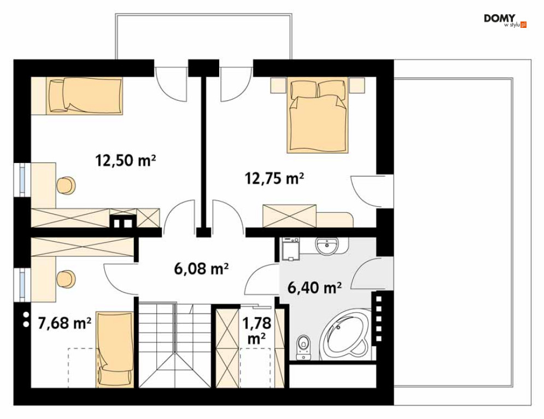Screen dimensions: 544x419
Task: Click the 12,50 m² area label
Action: point(125,161)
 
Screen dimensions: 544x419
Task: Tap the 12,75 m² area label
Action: point(274,178)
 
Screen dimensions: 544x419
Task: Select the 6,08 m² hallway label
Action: point(201,269)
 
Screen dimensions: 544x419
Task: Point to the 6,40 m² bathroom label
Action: point(314,287)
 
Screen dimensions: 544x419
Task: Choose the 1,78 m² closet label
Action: point(257,330)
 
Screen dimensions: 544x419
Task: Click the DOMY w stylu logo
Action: point(505,21)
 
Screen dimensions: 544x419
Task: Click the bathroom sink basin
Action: point(327,246)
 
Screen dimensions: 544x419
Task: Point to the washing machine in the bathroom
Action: point(290,249)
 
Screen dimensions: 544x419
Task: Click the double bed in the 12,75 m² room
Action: point(318,115)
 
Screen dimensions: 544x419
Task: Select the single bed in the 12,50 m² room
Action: point(86,95)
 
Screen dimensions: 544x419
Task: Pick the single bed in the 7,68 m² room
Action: point(115,349)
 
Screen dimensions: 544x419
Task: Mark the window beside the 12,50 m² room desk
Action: point(22,180)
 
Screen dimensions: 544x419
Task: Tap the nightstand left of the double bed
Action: point(278,85)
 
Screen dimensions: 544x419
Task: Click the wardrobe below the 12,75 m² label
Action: point(289,216)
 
